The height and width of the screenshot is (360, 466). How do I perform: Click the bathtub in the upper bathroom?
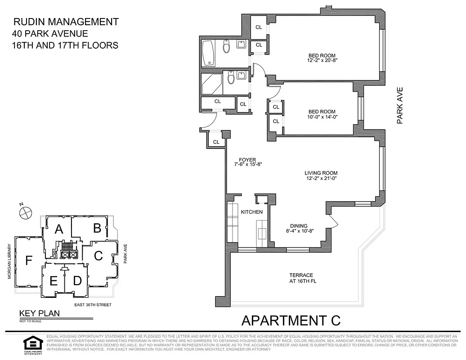click(x=209, y=53)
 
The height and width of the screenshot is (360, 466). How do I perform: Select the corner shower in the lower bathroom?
click(x=211, y=84)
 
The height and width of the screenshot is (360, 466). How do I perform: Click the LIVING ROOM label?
click(x=321, y=173)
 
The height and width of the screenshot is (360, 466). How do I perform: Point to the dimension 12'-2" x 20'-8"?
click(x=322, y=61)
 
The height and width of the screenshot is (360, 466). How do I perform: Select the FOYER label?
click(x=247, y=160)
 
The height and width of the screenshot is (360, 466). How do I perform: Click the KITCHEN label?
click(x=251, y=211)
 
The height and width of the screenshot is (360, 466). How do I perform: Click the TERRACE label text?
click(x=301, y=275)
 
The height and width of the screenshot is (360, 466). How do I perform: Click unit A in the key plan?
click(x=58, y=229)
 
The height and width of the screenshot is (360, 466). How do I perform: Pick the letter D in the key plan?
click(x=77, y=281)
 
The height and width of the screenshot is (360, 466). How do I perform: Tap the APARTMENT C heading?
click(x=291, y=320)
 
